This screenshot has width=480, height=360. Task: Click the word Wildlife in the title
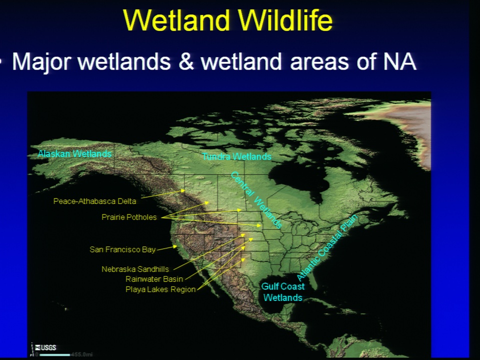[285, 20]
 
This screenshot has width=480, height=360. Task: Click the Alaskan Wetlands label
[74, 153]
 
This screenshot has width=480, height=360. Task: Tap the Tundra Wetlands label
[236, 156]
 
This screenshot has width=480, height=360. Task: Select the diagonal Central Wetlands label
[255, 200]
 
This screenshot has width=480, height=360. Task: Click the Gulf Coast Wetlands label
[283, 292]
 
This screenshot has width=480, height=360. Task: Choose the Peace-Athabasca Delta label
[94, 201]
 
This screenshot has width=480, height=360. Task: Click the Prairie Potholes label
[129, 217]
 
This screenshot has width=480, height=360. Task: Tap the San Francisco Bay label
[122, 249]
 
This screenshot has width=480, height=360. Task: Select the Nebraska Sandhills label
[135, 269]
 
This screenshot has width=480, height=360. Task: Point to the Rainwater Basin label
[154, 279]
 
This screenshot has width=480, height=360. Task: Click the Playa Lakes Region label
[160, 289]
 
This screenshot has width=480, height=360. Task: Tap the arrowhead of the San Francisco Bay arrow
[175, 246]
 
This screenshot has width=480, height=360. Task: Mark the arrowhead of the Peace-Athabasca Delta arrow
[183, 190]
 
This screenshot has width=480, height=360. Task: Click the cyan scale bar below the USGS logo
[55, 355]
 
